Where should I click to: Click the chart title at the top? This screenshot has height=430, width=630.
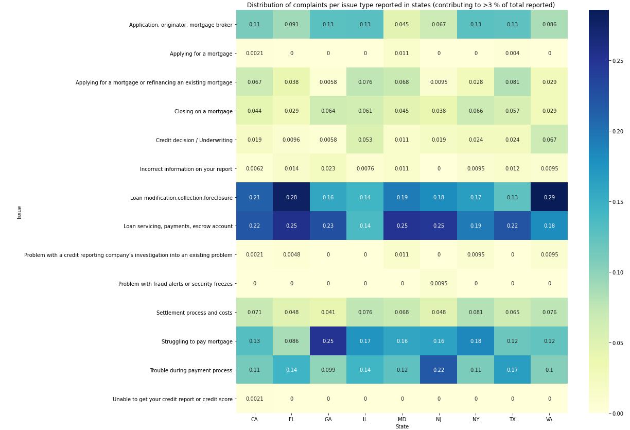coord(400,5)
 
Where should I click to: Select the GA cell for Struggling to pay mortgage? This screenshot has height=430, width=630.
coord(328,341)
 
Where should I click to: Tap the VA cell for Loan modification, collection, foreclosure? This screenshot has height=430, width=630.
coord(549,197)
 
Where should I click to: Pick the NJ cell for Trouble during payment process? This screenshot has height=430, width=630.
coord(439,370)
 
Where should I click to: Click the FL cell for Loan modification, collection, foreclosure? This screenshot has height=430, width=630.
coord(291,197)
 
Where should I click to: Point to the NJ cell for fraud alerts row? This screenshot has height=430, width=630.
coord(439,283)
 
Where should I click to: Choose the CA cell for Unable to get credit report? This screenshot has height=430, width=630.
coord(254,399)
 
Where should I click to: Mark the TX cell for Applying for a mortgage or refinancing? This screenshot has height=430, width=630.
coord(512,82)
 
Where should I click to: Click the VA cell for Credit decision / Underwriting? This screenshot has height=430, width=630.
coord(549,139)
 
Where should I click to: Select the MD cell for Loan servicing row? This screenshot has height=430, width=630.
coord(402,226)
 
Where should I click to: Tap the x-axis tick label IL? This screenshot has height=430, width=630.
coord(365,419)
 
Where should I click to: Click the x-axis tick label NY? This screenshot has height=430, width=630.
coord(476,419)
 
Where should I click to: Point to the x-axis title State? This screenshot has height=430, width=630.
coord(402,426)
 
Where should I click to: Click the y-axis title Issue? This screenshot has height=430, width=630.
coord(20,212)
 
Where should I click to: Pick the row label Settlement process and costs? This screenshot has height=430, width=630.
coord(194,313)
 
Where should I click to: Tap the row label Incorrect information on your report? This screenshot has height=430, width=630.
coord(186,169)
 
